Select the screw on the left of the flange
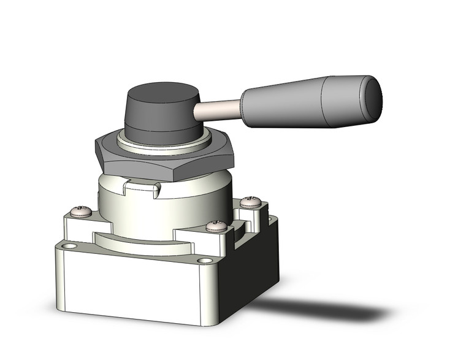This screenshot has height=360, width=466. (81, 212)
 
